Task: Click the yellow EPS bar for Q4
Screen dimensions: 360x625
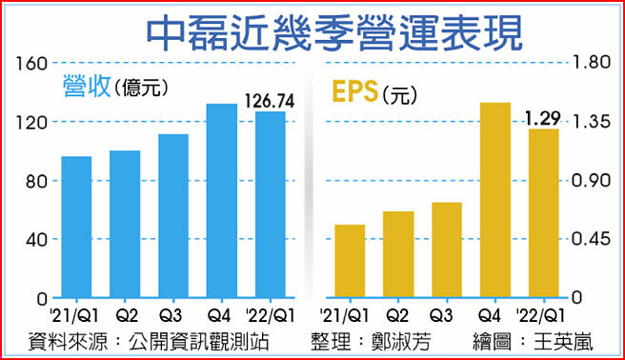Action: pyautogui.click(x=494, y=200)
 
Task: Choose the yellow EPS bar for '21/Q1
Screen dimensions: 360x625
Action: pyautogui.click(x=350, y=261)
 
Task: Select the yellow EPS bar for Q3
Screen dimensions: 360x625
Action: pyautogui.click(x=447, y=250)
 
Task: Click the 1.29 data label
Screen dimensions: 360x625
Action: pyautogui.click(x=543, y=119)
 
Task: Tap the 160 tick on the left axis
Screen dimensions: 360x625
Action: pyautogui.click(x=31, y=64)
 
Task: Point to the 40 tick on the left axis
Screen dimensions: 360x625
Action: pyautogui.click(x=36, y=239)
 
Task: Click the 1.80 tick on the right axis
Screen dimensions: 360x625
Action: pyautogui.click(x=589, y=64)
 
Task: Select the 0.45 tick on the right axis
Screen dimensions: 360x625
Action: pyautogui.click(x=589, y=239)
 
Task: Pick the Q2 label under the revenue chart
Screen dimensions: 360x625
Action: pyautogui.click(x=125, y=314)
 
